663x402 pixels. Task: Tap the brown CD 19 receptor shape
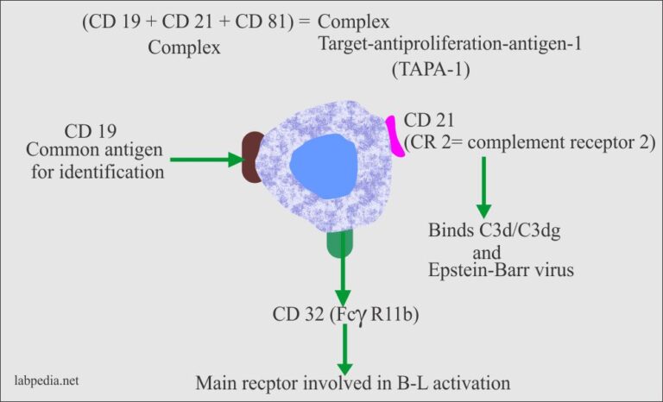pos(251,157)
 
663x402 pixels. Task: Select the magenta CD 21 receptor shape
pos(396,136)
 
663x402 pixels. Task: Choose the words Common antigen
pos(111,151)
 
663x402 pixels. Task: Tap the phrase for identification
pos(112,171)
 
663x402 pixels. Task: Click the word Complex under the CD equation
pos(184,47)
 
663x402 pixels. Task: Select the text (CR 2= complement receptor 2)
pos(527,140)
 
